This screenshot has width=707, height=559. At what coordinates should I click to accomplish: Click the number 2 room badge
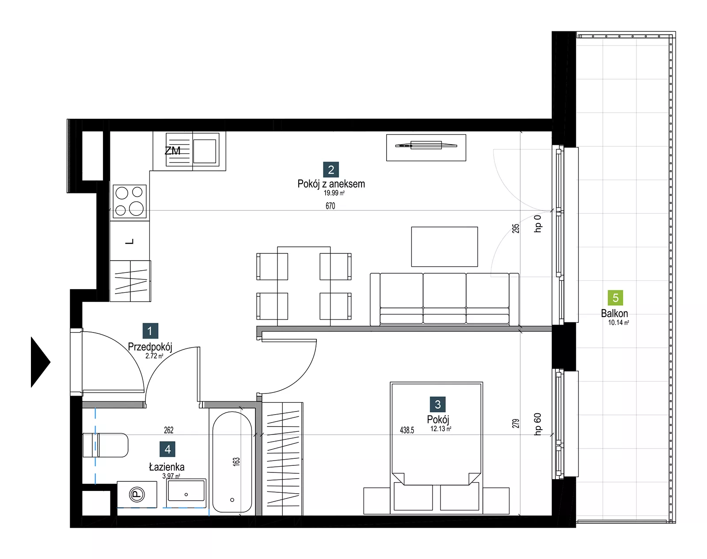(331, 170)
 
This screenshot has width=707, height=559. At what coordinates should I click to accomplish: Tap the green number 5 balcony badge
(616, 298)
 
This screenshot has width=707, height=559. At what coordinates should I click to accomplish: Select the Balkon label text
(614, 313)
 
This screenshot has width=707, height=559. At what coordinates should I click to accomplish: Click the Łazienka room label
(167, 467)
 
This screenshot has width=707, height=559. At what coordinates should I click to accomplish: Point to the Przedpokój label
(150, 347)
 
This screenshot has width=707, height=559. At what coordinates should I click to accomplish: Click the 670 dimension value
(330, 206)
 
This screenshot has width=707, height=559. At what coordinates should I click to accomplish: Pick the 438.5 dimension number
(407, 430)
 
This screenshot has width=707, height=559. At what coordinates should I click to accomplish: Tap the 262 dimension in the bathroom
(168, 430)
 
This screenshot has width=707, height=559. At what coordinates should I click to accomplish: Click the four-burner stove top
(130, 201)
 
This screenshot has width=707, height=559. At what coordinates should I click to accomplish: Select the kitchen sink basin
(205, 151)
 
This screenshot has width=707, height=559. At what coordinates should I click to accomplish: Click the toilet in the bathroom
(105, 445)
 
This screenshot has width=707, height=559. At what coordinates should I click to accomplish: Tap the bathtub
(232, 462)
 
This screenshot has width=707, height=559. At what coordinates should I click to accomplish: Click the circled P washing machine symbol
(137, 495)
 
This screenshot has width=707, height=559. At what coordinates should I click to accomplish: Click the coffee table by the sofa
(445, 246)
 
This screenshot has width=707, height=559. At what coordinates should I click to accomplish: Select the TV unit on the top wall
(426, 147)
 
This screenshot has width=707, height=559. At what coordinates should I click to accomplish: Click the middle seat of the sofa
(445, 298)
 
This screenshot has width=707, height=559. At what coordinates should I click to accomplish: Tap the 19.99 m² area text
(334, 193)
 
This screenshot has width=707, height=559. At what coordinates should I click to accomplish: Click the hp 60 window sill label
(537, 424)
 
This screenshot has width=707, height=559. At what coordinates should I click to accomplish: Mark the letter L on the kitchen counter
(130, 242)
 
